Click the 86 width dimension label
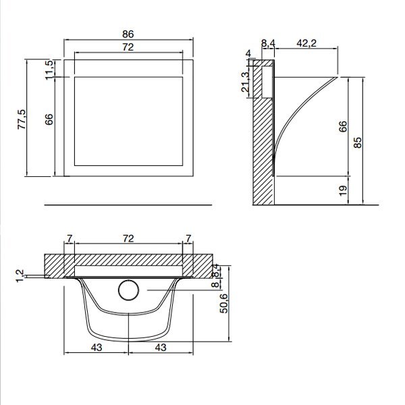(128, 34)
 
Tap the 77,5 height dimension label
(22, 119)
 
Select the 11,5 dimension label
(49, 70)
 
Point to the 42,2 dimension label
(306, 43)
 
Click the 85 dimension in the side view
(358, 142)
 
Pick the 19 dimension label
(343, 190)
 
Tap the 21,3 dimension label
(246, 82)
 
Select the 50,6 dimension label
(223, 304)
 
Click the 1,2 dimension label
(20, 276)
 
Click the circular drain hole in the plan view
(129, 290)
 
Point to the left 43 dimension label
(97, 348)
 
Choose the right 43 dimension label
(161, 348)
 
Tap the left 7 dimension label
(70, 239)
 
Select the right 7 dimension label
(188, 239)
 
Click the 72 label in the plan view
(128, 239)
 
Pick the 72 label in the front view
(128, 47)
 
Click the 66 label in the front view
(49, 119)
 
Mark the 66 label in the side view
(343, 126)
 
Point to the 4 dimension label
(248, 53)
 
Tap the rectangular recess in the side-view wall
(267, 82)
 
